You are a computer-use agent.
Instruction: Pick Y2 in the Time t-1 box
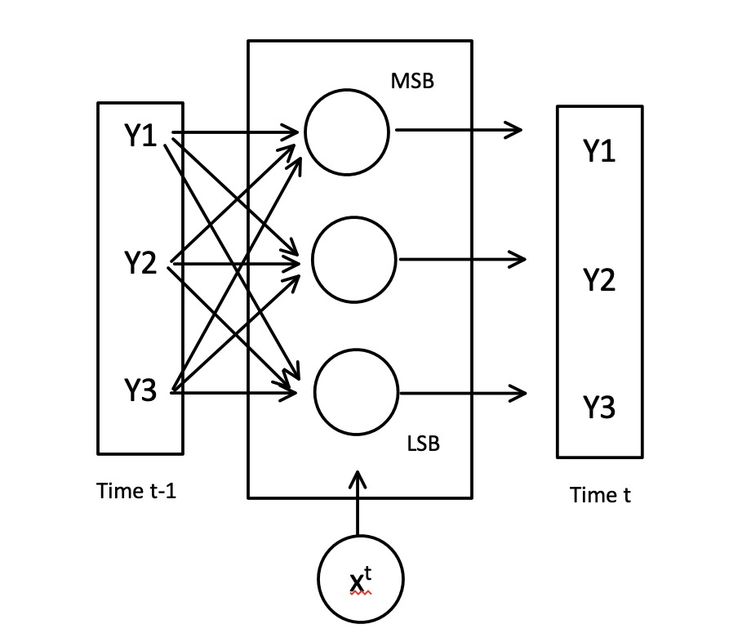click(x=140, y=263)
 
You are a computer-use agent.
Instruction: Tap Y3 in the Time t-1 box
click(x=140, y=391)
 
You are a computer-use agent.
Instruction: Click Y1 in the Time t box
click(x=599, y=151)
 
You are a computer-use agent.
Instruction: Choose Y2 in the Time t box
click(x=599, y=280)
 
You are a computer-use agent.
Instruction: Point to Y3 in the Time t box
click(x=599, y=407)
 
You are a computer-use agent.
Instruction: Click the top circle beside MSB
click(x=347, y=134)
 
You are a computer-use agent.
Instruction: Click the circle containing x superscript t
click(x=360, y=579)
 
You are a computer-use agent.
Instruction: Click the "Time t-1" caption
click(x=136, y=491)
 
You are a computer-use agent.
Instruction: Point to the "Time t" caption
click(x=600, y=495)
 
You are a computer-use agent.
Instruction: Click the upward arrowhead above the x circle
click(x=358, y=479)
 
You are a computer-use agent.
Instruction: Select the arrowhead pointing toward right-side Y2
click(x=517, y=260)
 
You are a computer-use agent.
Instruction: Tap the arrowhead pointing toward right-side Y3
click(x=517, y=393)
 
